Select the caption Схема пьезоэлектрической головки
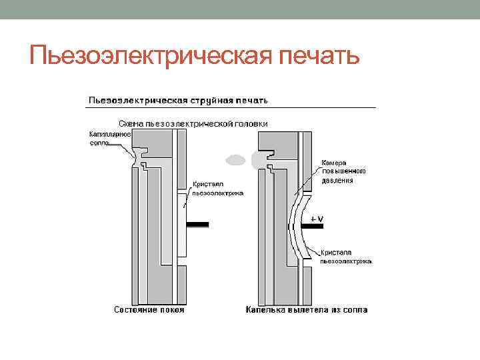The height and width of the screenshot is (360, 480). (x=193, y=123)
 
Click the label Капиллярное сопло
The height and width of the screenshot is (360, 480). (x=109, y=139)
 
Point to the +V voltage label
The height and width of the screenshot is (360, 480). (x=316, y=219)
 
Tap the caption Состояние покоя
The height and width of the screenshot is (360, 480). (x=149, y=310)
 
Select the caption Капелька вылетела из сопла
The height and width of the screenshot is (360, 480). (x=306, y=310)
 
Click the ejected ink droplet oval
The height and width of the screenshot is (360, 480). (x=236, y=160)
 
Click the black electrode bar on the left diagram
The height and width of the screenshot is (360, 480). (x=198, y=224)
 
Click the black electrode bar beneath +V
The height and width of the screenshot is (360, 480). (x=313, y=227)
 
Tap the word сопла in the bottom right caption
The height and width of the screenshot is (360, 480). (x=353, y=310)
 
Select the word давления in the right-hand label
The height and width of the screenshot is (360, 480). (x=337, y=180)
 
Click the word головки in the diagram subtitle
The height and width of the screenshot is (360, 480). (x=253, y=123)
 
